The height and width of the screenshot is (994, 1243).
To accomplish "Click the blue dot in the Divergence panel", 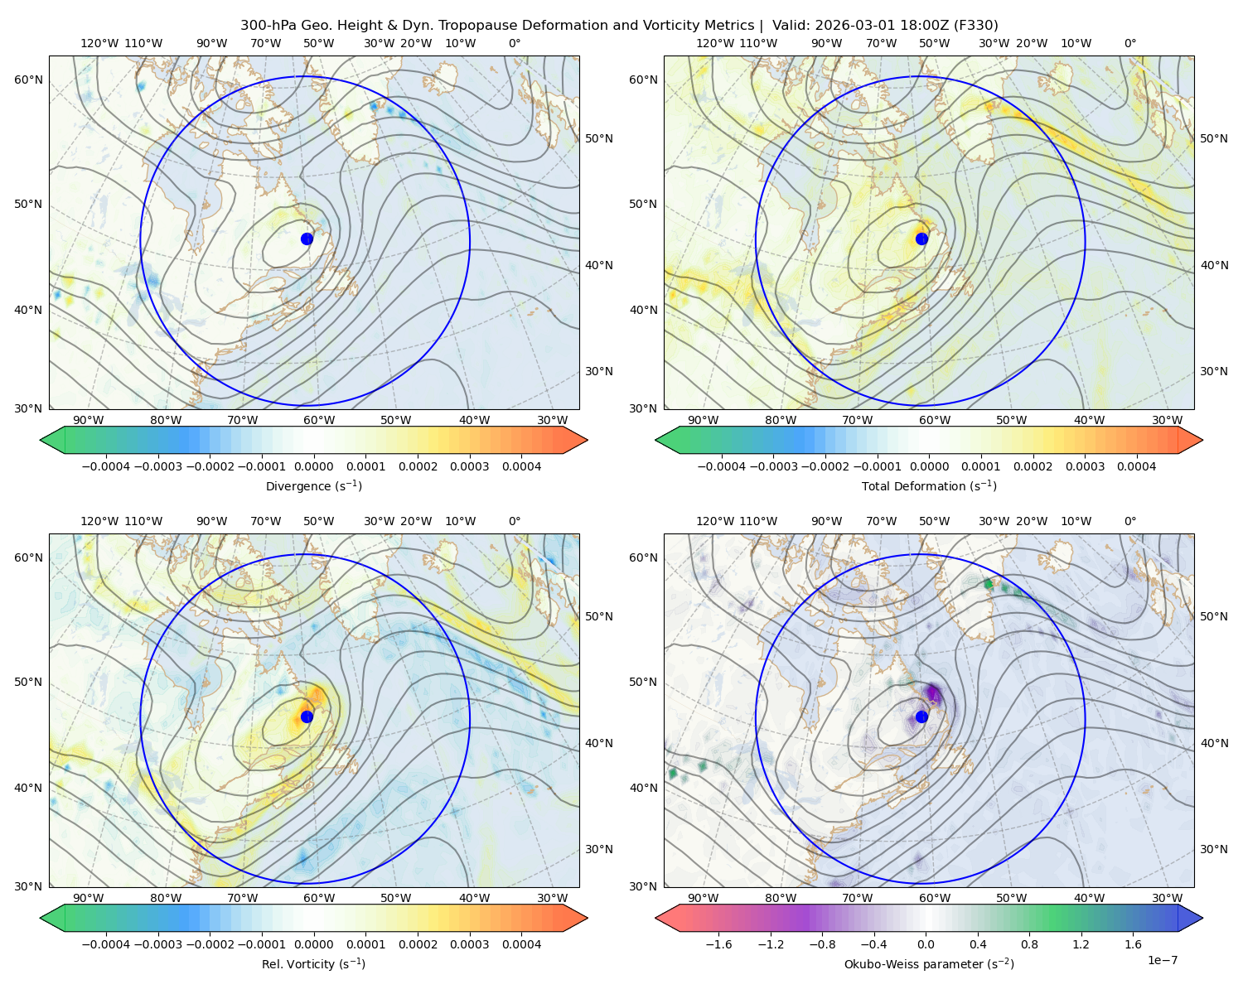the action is point(307,239).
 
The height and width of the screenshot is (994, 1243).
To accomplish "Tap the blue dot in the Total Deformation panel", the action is point(921,239).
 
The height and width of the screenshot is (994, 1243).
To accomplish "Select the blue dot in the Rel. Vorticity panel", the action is point(307,717).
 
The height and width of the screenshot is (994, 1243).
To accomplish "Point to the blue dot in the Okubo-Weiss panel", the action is point(921,717).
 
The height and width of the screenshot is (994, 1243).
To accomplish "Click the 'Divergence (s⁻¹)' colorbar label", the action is point(313,485).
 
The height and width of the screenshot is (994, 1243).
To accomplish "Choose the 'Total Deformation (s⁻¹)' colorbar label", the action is point(929,485).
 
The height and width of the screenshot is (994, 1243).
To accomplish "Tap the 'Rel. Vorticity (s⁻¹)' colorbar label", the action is point(313,963).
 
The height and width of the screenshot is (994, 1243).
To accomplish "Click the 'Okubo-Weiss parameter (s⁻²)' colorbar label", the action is point(929,963).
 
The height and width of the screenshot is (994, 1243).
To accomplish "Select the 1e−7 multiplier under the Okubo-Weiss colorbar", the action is point(1162,960).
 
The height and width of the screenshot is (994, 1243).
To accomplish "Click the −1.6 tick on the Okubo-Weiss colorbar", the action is point(718,943).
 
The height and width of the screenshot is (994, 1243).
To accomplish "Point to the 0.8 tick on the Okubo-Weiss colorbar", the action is point(1029,943).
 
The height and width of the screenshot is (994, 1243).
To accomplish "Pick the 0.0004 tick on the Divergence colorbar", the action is point(521,466).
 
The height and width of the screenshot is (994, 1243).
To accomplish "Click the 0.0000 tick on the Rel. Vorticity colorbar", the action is point(313,943).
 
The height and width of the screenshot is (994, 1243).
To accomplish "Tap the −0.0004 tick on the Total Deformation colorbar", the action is point(722,466).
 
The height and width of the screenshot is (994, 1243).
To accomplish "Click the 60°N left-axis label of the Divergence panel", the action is point(28,80).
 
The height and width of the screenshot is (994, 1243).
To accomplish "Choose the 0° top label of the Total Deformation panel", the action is point(1129,43).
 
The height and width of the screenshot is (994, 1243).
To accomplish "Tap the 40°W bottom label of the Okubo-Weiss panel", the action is point(1089,898).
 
